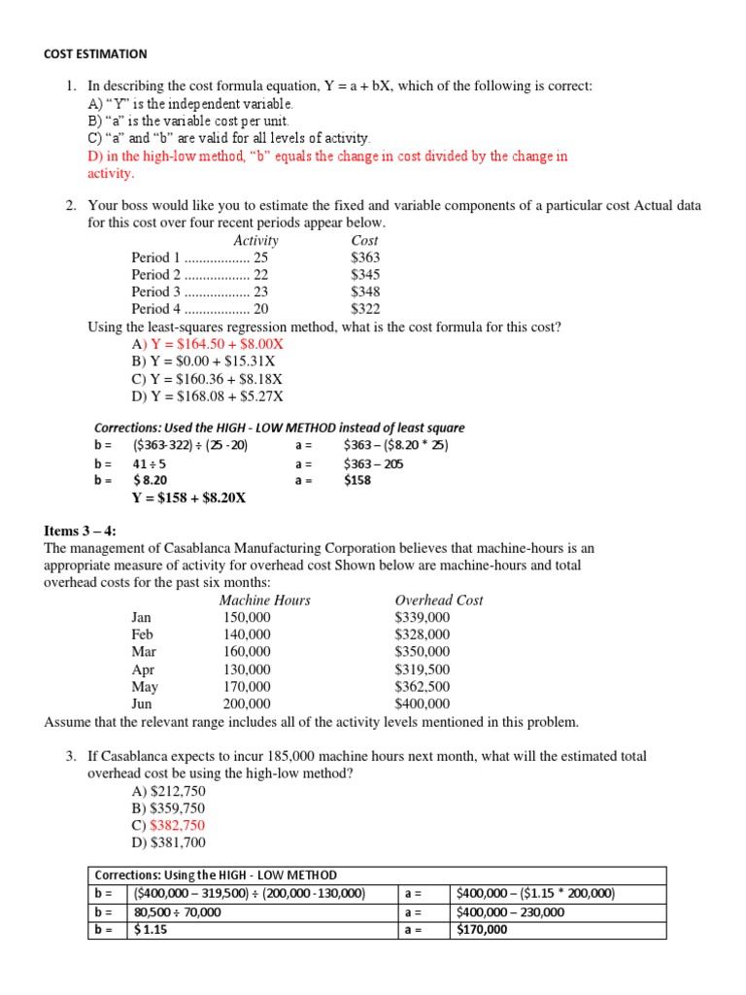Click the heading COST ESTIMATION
click(95, 54)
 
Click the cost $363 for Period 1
click(365, 257)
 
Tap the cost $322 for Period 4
click(365, 309)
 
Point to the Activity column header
click(255, 240)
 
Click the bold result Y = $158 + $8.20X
click(188, 498)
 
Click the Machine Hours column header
click(264, 600)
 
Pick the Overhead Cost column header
click(439, 600)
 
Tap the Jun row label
click(143, 703)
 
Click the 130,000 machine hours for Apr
click(247, 669)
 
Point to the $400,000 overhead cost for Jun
click(422, 703)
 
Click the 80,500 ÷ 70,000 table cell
click(177, 912)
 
